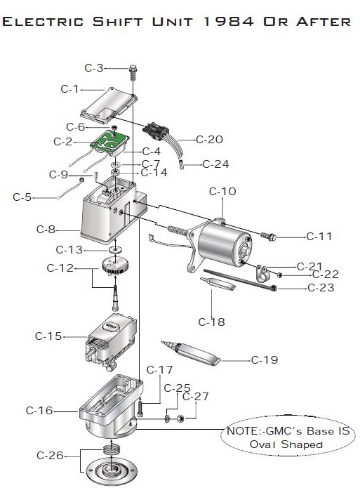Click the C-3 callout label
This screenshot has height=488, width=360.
tap(94, 68)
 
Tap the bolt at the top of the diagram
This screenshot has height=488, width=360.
tap(133, 72)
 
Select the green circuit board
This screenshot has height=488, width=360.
tap(110, 141)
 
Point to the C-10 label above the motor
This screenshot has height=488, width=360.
tap(222, 192)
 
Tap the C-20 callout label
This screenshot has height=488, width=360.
tap(209, 140)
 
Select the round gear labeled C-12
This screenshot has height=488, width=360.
tap(115, 266)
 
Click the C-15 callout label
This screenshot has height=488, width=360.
tap(48, 336)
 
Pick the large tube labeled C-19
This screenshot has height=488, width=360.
tap(191, 352)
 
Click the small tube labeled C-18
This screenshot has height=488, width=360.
tap(218, 284)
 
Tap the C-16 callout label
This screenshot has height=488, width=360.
tap(39, 411)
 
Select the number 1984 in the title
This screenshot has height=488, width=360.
tap(228, 22)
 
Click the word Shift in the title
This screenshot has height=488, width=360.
tap(118, 22)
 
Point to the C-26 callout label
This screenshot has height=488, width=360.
tap(50, 455)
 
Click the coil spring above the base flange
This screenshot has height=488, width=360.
tap(112, 450)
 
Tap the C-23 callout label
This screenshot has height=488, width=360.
tap(321, 288)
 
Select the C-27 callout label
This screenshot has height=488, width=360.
tap(195, 397)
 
